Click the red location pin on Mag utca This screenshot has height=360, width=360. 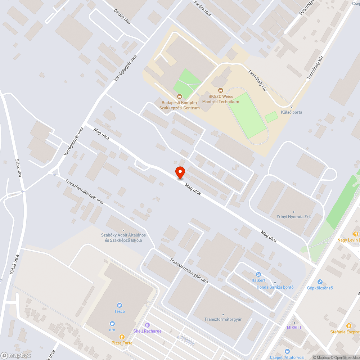180,172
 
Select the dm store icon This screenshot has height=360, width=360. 112,323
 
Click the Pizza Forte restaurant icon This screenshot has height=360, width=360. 122,337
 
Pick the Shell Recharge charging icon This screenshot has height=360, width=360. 147,325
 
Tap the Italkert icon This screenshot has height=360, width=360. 258,274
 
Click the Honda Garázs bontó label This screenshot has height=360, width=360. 275,287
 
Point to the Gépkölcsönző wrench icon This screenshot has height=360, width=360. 320,282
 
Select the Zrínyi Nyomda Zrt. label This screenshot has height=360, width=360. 294,217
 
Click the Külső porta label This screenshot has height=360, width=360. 292,112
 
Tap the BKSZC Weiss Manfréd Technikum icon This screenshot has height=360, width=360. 221,90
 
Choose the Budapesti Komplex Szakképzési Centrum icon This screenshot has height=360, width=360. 179,96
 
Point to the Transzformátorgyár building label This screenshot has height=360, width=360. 223,319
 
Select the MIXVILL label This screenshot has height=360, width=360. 294,327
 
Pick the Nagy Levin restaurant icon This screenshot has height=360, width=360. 356,234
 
